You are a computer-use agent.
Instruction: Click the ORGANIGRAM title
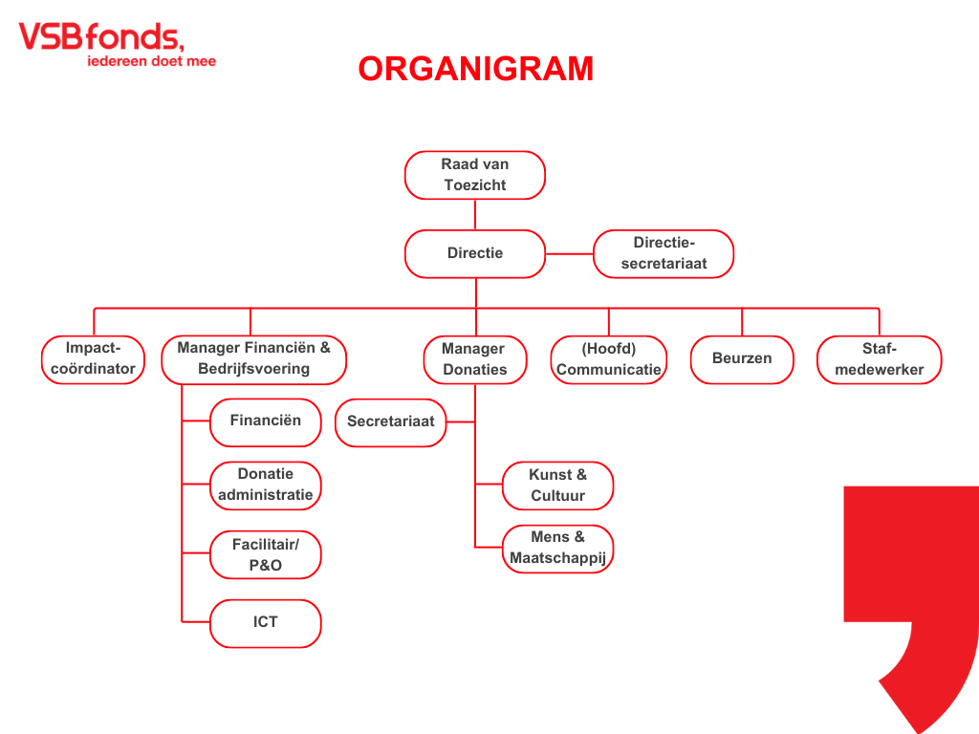[476, 69]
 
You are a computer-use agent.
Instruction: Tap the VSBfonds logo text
[101, 36]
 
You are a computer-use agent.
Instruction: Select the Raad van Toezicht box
[475, 176]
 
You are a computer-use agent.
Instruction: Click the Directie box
[475, 253]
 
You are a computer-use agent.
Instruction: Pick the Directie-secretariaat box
[664, 253]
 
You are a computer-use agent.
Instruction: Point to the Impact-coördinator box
[93, 359]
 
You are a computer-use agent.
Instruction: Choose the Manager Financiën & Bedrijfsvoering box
[253, 359]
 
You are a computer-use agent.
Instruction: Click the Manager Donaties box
[475, 360]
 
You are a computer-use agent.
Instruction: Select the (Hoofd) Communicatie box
[609, 360]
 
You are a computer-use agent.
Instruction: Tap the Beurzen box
[742, 360]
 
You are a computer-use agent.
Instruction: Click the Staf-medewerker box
[880, 360]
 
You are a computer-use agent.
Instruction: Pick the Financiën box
[266, 422]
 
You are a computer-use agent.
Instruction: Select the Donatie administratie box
[266, 486]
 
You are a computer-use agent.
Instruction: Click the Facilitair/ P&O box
[266, 555]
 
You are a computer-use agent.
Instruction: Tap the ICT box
[266, 623]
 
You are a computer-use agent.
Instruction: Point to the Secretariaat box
[391, 422]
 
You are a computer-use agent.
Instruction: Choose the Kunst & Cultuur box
[557, 486]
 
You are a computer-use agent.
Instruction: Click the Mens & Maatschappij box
[557, 549]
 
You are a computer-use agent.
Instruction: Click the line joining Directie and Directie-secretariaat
[570, 254]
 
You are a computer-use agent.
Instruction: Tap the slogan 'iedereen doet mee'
[152, 61]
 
